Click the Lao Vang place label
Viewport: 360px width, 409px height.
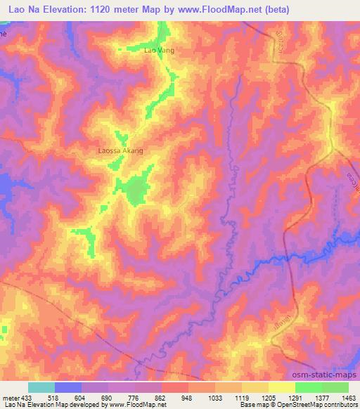tap(158, 51)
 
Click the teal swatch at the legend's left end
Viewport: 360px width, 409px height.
tap(41, 387)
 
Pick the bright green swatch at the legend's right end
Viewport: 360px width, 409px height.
tap(335, 387)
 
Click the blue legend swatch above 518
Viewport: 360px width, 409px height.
tap(68, 387)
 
